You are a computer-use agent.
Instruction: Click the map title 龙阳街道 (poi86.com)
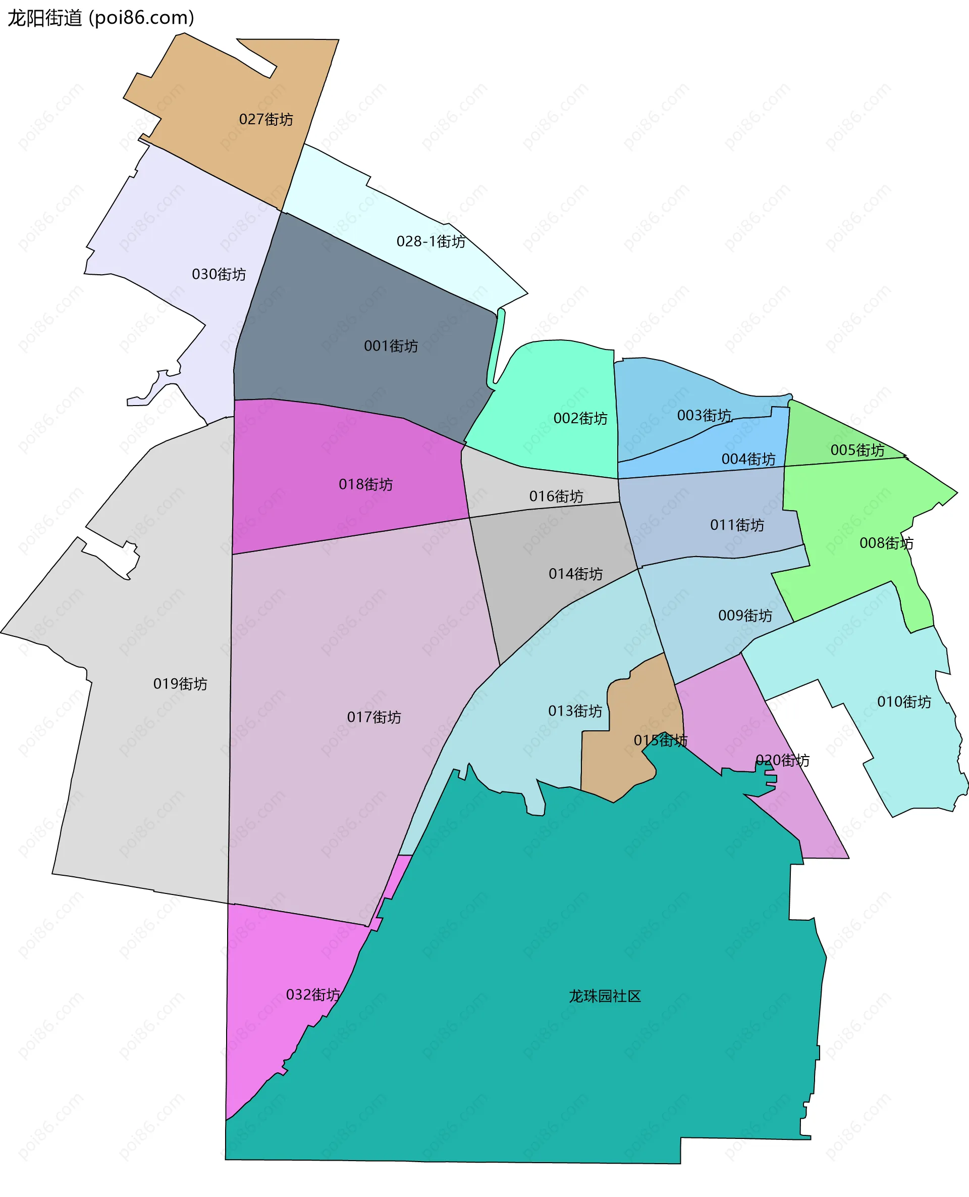click(x=100, y=18)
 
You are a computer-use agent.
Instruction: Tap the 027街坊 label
click(x=265, y=120)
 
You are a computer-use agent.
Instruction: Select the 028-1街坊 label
click(x=431, y=241)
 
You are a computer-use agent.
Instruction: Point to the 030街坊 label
click(x=219, y=274)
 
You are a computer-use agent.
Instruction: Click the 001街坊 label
click(x=391, y=346)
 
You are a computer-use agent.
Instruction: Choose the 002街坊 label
click(x=580, y=418)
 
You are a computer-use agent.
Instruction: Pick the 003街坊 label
click(x=704, y=416)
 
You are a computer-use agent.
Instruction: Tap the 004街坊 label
click(x=748, y=459)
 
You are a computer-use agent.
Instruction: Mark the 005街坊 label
click(x=857, y=450)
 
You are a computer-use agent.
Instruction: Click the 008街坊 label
click(x=886, y=543)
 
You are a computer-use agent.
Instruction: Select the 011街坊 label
click(x=737, y=525)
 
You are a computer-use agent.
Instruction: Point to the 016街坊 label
click(x=556, y=496)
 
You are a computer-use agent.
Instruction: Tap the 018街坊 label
click(x=365, y=484)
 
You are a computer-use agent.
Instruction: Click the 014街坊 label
click(x=575, y=574)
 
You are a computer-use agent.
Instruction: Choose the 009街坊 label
click(x=744, y=616)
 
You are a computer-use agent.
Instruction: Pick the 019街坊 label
click(x=180, y=684)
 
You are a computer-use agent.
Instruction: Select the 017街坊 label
click(x=374, y=717)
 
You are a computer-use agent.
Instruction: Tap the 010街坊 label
click(x=904, y=702)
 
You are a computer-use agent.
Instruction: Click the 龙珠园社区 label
click(x=605, y=996)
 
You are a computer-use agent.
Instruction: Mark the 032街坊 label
click(x=312, y=995)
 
